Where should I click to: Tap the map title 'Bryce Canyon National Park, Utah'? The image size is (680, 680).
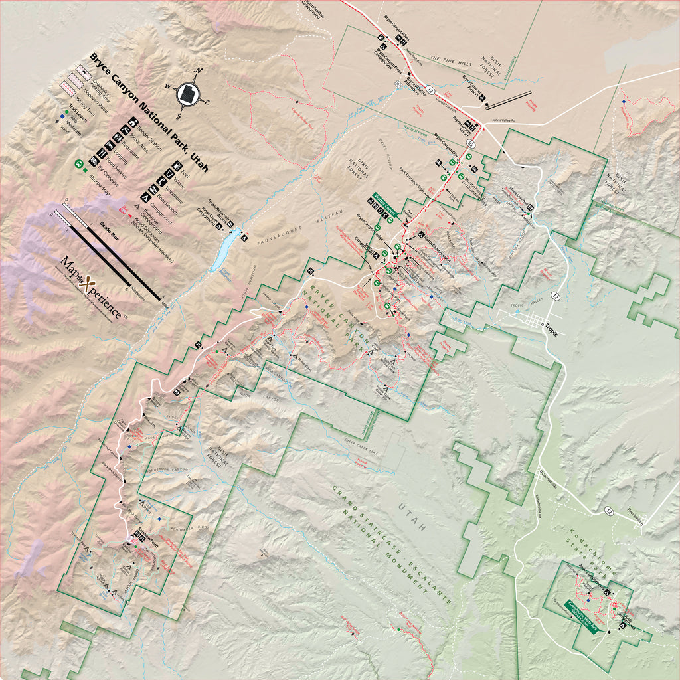pyautogui.click(x=149, y=113)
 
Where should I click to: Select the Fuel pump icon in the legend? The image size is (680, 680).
pyautogui.click(x=177, y=165)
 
